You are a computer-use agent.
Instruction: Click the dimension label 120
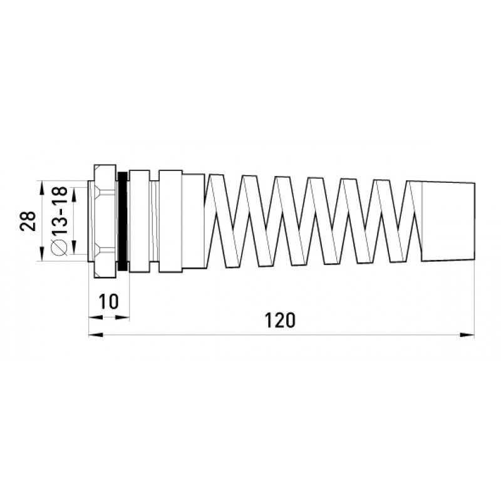tap(280, 321)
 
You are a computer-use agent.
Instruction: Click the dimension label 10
tap(108, 301)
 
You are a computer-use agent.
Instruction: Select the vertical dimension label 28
tap(28, 221)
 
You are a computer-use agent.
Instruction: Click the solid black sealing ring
tap(122, 221)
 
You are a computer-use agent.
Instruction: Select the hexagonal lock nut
tap(105, 221)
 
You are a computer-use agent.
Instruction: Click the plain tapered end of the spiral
tap(448, 222)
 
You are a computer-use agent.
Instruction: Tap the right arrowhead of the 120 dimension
tap(467, 335)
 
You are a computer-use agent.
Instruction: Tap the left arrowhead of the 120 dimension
tap(96, 335)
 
